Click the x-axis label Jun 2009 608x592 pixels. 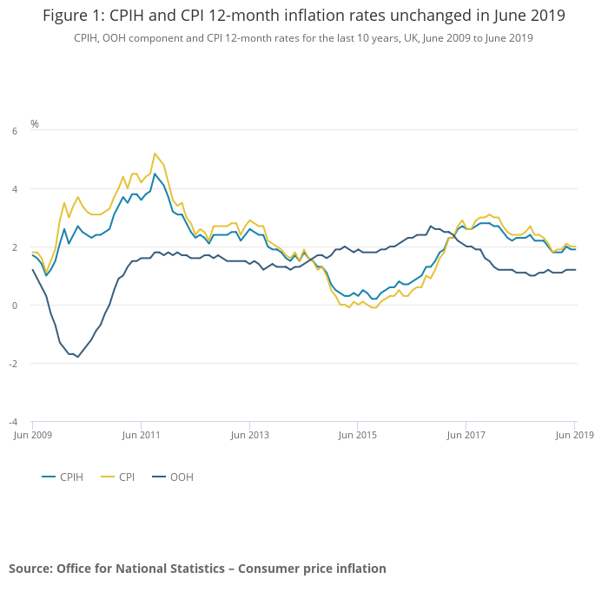tap(30, 433)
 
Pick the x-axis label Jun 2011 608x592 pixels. tap(141, 433)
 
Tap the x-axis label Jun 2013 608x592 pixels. tap(249, 433)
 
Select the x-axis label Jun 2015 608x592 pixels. tap(358, 433)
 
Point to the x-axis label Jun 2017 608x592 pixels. tap(466, 433)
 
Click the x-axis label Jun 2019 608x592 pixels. tap(574, 433)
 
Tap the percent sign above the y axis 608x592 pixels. tap(35, 124)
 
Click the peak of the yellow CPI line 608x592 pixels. tap(155, 154)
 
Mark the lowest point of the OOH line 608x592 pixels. tap(77, 357)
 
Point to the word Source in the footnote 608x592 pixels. tap(30, 569)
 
